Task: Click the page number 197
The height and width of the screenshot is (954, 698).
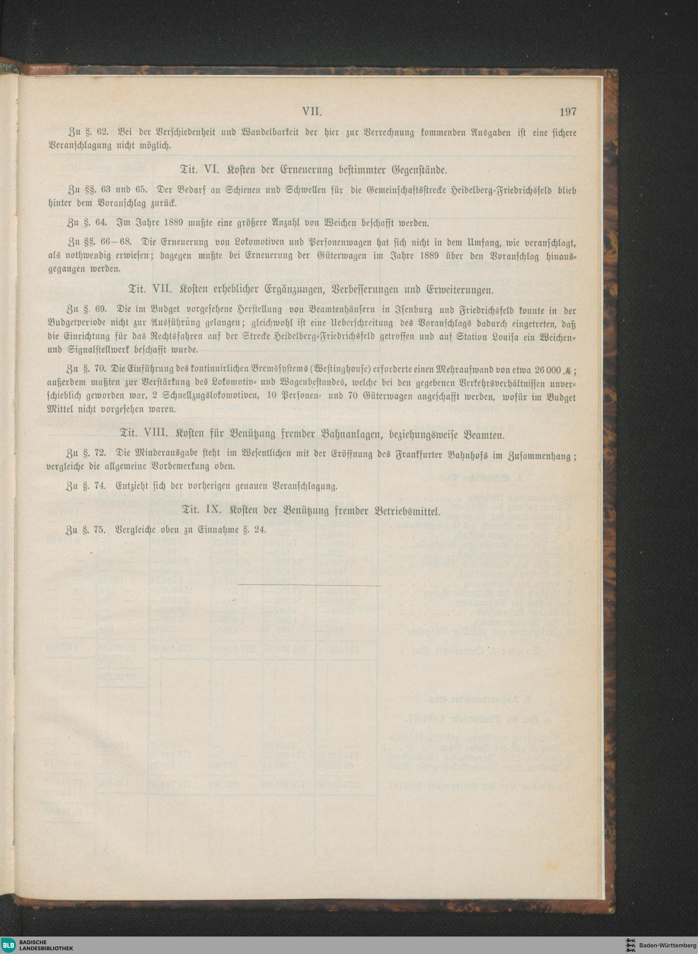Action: coord(568,112)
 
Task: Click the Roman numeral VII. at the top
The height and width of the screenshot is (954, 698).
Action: coord(313,112)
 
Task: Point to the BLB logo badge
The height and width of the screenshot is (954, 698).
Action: coord(8,942)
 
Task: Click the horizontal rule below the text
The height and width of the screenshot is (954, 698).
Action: coord(309,585)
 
